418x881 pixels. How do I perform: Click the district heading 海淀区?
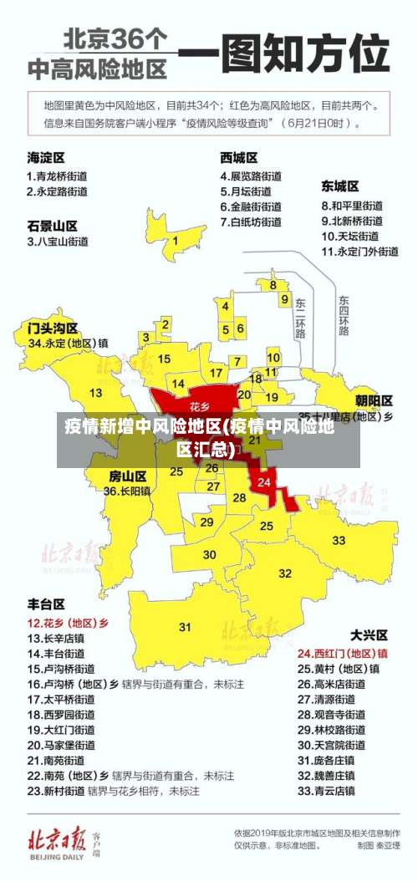(x=46, y=157)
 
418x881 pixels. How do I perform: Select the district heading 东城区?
(x=340, y=186)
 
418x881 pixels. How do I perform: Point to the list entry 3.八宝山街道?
(x=58, y=242)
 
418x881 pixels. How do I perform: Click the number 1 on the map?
(x=175, y=241)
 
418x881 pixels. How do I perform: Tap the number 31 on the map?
(x=185, y=626)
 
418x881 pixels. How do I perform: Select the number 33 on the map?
(x=339, y=540)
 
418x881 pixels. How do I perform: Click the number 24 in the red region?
(x=264, y=482)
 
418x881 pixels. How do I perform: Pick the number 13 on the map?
(x=96, y=392)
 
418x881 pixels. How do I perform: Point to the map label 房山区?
(x=128, y=475)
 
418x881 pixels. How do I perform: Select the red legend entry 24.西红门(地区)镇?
(x=343, y=653)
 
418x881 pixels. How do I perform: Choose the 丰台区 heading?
(x=46, y=603)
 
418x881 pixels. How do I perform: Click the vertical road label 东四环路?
(x=344, y=315)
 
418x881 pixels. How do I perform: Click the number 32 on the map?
(x=285, y=573)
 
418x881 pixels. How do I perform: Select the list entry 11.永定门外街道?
(x=359, y=251)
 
